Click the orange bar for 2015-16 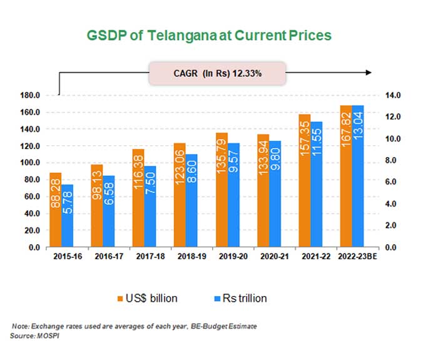coord(56,210)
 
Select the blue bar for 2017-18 coord(150,207)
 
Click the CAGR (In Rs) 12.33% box coord(217,73)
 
